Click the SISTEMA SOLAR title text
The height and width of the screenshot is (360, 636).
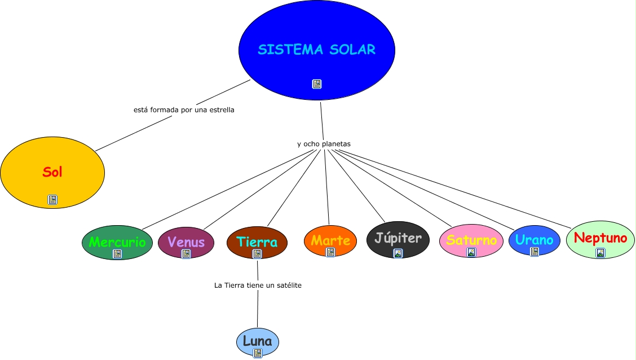316,50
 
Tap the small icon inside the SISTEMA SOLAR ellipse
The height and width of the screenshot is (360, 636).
317,84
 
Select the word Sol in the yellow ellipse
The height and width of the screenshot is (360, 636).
52,172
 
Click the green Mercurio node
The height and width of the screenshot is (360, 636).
117,242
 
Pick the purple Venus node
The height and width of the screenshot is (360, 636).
186,242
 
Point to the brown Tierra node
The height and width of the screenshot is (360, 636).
257,242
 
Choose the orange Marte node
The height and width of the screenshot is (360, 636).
330,240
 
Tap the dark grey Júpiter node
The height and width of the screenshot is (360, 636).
398,238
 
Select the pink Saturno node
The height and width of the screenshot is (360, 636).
471,240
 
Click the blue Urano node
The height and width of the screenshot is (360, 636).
534,239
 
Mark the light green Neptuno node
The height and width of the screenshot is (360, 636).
600,238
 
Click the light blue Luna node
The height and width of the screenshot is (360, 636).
258,341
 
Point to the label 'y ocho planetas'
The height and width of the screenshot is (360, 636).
324,144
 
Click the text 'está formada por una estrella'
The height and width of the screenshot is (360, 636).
184,110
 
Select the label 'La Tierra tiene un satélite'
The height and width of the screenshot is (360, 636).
258,286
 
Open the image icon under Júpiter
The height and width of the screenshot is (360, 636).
398,253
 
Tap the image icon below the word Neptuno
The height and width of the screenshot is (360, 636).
600,253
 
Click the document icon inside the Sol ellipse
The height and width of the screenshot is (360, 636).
52,200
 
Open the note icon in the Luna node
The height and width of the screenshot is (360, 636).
258,353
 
